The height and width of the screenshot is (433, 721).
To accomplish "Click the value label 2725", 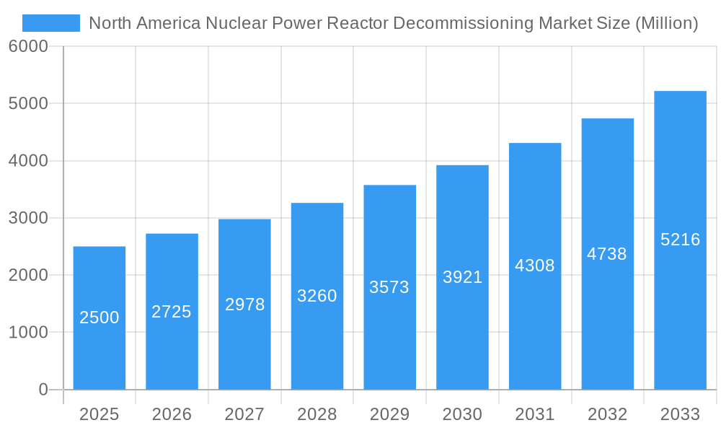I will point(172,312).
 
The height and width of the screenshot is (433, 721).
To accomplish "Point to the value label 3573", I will point(389,287).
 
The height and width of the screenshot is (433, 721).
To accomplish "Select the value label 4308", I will point(535,266).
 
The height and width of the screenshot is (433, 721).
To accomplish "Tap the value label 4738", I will point(607,254).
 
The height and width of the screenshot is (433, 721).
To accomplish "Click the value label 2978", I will point(245,305).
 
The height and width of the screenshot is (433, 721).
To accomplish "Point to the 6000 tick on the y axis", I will point(28,46).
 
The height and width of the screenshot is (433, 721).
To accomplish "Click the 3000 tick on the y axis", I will point(28,218).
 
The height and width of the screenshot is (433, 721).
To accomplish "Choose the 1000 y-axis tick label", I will point(28,333).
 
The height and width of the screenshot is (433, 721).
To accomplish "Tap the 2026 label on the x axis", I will point(172,414).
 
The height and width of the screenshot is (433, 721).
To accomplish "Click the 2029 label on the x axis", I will point(389,414).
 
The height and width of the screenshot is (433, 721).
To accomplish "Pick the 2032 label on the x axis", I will point(607,414).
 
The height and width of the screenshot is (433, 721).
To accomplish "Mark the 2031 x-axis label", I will point(535,414).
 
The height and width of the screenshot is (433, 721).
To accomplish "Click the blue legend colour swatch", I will point(51,23).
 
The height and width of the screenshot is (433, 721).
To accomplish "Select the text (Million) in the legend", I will point(666,23).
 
